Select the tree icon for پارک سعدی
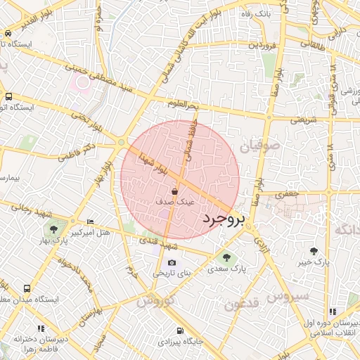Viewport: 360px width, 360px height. tap(226, 257)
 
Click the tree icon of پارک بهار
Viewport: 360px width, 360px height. tap(54, 229)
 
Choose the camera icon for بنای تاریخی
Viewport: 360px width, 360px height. tap(172, 262)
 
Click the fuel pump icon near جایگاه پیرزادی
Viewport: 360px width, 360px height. tap(181, 330)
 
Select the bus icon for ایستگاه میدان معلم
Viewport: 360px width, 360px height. tap(27, 288)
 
